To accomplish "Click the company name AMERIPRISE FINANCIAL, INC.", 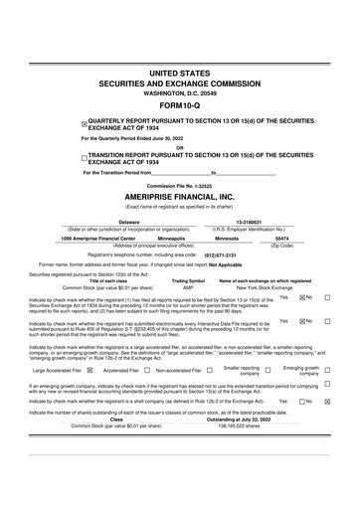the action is [179, 197].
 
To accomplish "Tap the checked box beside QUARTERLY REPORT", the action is [85, 125].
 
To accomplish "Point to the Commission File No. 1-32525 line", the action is [179, 186].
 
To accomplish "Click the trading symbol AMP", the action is [189, 287].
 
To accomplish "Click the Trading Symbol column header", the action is [189, 280].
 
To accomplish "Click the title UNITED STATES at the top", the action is [179, 75].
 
